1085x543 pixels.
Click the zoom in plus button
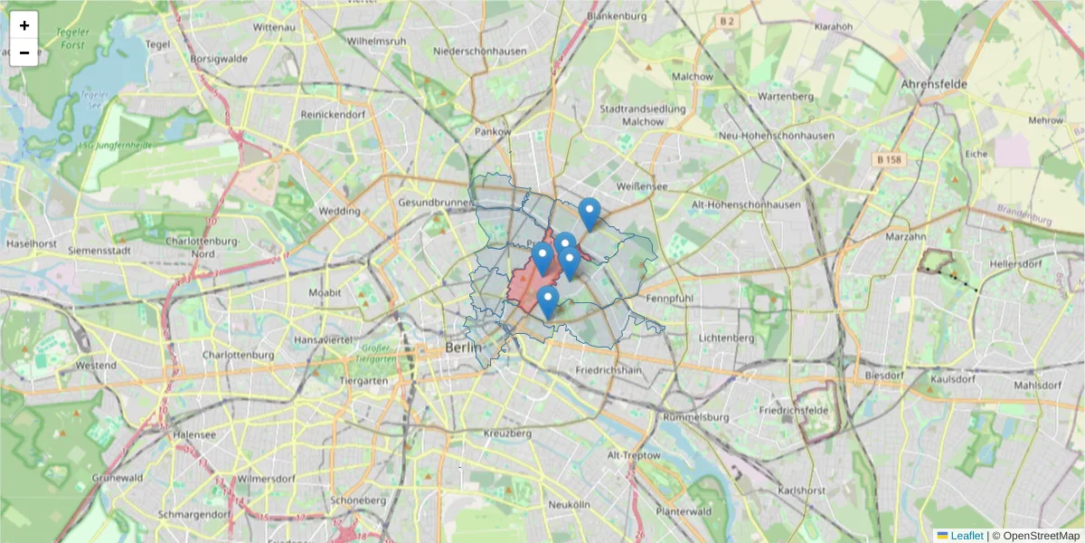24,25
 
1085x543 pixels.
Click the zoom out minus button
24,52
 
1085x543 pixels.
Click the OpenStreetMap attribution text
1041,536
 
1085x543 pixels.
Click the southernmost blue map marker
547,303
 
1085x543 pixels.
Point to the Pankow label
494,132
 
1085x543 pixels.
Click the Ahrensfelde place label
934,84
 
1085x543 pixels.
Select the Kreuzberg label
508,433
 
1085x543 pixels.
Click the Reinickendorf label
333,115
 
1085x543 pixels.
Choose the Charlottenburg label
238,356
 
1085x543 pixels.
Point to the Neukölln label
569,503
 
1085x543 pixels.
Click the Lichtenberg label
726,338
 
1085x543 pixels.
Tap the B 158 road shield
890,159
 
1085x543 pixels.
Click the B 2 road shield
726,19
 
